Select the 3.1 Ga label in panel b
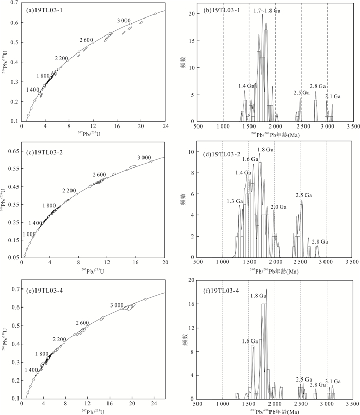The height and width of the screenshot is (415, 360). (333, 96)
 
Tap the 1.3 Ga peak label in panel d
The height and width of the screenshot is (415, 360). (234, 201)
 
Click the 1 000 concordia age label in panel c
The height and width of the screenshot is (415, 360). (29, 234)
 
